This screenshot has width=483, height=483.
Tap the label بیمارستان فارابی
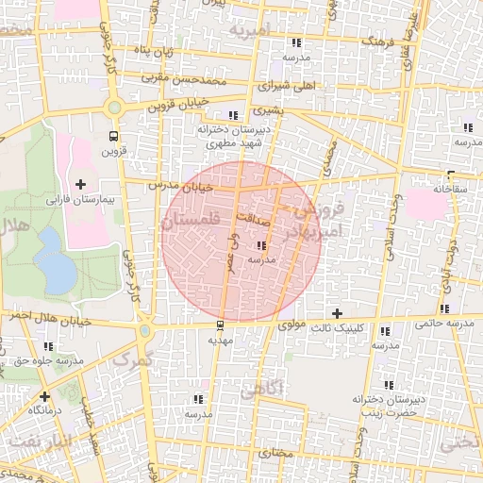pyautogui.click(x=81, y=200)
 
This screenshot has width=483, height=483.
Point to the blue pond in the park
pyautogui.click(x=58, y=271)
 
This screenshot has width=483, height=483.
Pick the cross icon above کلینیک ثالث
pyautogui.click(x=337, y=313)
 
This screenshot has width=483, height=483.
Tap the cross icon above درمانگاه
pyautogui.click(x=44, y=395)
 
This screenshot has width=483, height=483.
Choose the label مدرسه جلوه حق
pyautogui.click(x=44, y=361)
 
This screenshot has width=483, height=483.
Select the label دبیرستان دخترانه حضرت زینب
pyautogui.click(x=392, y=406)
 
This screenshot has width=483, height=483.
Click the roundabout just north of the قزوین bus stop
pyautogui.click(x=117, y=107)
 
